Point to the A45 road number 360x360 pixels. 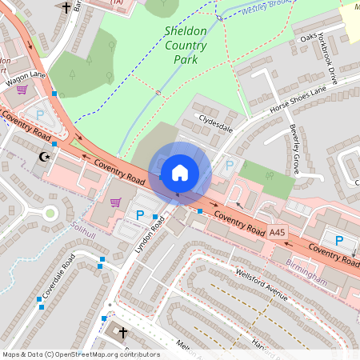click(x=277, y=232)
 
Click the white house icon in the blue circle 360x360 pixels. click(x=180, y=173)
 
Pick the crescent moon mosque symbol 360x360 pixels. click(x=45, y=157)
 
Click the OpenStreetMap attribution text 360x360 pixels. click(x=80, y=354)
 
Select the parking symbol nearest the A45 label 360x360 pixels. click(x=338, y=240)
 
